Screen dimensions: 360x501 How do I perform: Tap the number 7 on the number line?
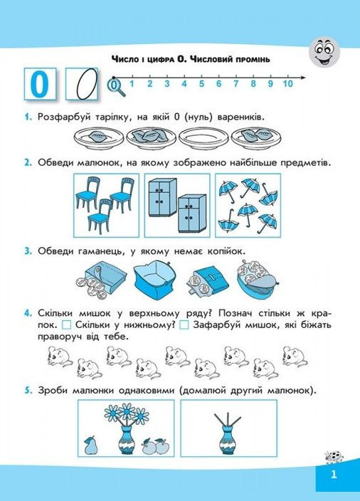pyautogui.click(x=235, y=84)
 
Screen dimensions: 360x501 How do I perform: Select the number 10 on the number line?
pyautogui.click(x=287, y=84)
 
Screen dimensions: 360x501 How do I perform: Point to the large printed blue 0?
pyautogui.click(x=40, y=84)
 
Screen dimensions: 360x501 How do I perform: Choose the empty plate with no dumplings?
pyautogui.click(x=203, y=139)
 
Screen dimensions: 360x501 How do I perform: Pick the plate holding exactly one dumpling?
pyautogui.click(x=99, y=139)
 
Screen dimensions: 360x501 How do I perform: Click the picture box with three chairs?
pyautogui.click(x=107, y=206)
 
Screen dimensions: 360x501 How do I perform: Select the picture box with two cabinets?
pyautogui.click(x=177, y=206)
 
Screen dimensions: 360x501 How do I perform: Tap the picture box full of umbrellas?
pyautogui.click(x=248, y=206)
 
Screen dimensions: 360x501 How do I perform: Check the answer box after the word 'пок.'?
pyautogui.click(x=66, y=325)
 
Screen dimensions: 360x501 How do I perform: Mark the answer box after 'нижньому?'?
pyautogui.click(x=184, y=325)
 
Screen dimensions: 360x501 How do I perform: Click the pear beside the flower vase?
pyautogui.click(x=89, y=445)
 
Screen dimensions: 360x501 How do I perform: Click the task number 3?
pyautogui.click(x=28, y=251)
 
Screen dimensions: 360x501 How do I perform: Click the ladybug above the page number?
pyautogui.click(x=334, y=457)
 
